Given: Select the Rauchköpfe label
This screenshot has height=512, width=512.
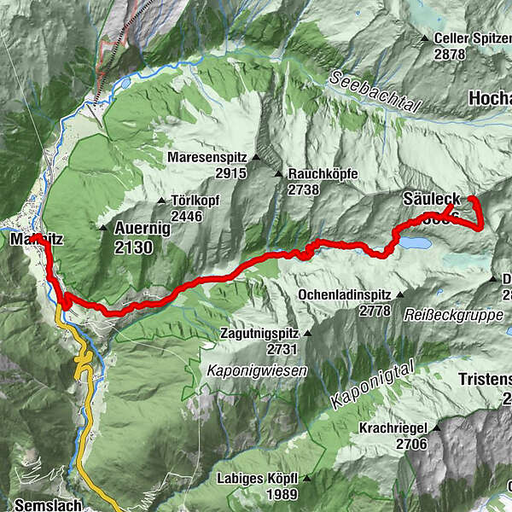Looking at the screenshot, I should (323, 174).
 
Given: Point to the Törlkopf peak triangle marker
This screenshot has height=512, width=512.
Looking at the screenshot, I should (161, 201).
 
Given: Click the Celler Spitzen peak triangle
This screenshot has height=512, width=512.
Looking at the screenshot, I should (425, 38).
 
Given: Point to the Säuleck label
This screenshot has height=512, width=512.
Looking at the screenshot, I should (431, 200).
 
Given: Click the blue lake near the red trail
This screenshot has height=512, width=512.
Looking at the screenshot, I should (415, 243).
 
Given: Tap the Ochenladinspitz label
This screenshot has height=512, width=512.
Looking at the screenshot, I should (345, 294).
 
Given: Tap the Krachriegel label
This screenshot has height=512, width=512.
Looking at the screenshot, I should (401, 429).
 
